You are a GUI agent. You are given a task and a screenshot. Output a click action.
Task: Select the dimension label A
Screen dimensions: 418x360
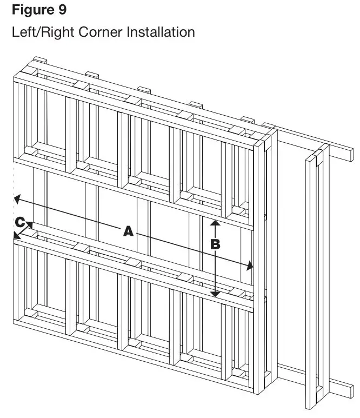coord(128,231)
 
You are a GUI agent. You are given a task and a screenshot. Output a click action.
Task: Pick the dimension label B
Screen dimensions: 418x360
coord(215,244)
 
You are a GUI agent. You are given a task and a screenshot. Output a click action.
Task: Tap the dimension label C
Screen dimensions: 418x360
coord(19,222)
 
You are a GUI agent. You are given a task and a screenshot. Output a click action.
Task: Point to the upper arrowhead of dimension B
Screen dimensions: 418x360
coord(215,222)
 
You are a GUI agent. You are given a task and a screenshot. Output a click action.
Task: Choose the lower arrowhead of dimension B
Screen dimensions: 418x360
coord(215,294)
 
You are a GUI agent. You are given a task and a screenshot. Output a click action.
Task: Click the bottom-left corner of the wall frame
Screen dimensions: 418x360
coord(15,327)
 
